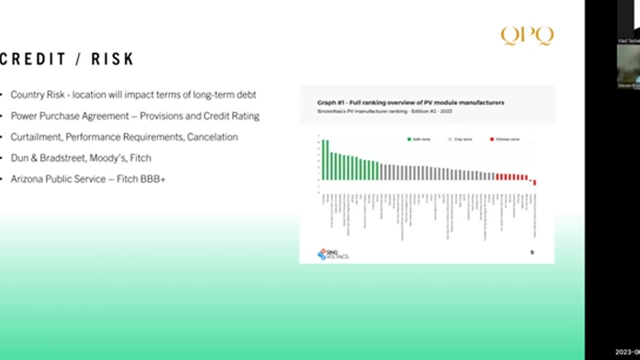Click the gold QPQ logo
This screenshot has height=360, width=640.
click(527, 36)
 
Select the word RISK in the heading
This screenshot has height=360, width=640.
click(112, 59)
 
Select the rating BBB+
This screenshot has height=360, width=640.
click(152, 178)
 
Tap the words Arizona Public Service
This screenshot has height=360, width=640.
click(58, 178)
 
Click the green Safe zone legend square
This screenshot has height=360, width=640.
click(409, 139)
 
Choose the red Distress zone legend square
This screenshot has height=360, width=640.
click(492, 139)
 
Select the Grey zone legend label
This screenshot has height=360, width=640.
click(463, 139)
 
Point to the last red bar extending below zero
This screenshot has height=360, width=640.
click(534, 182)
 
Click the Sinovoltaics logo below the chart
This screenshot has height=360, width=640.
click(332, 254)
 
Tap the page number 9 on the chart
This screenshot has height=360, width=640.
click(532, 252)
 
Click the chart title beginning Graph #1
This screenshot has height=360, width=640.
click(410, 102)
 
